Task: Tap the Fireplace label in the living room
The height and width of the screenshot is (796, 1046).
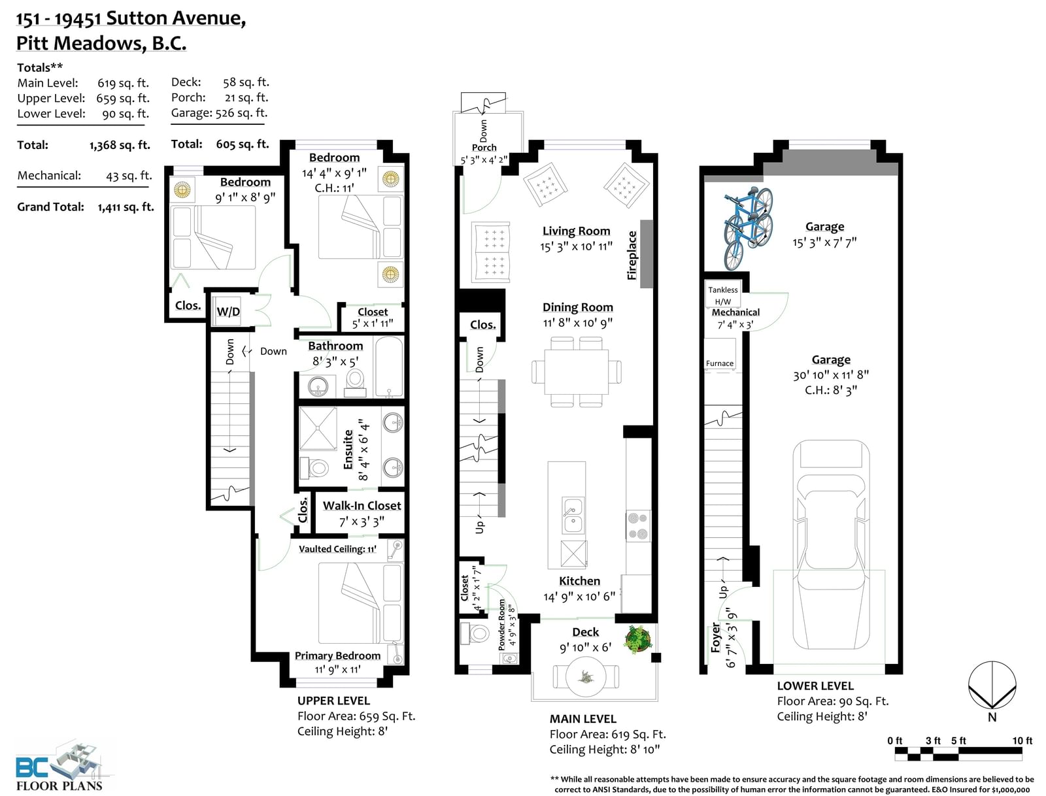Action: click(632, 256)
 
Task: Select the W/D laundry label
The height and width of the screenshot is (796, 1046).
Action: click(228, 312)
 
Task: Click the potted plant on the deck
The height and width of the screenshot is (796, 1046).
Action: click(638, 639)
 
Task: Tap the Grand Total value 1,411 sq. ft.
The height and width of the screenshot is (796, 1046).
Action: click(126, 207)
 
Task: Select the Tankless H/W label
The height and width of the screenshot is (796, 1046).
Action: click(722, 295)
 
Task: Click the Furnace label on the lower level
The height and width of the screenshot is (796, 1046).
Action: click(720, 363)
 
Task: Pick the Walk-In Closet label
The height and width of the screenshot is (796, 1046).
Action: click(362, 505)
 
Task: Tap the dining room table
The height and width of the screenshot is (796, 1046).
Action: click(576, 372)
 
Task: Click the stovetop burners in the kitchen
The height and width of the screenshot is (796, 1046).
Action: click(638, 525)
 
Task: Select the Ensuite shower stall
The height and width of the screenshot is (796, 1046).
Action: click(317, 429)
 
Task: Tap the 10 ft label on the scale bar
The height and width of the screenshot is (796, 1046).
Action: click(1022, 740)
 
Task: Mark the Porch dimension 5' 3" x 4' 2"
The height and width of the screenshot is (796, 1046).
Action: click(484, 160)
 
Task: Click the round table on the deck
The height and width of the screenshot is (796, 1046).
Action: click(586, 676)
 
